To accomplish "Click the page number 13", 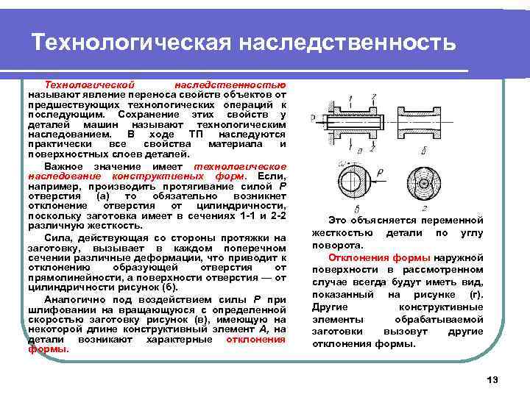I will [x=492, y=379].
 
